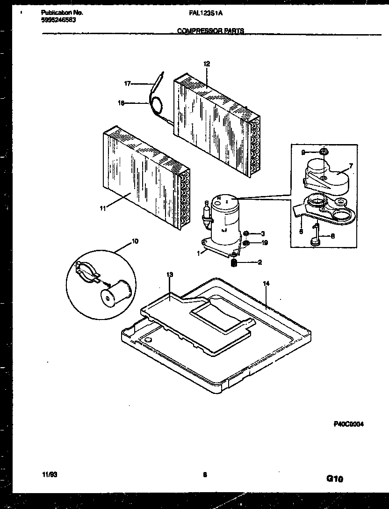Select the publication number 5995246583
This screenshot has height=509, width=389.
tap(56, 20)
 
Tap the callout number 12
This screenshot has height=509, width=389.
tap(207, 64)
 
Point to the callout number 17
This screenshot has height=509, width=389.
tap(127, 84)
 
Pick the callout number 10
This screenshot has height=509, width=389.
tap(135, 241)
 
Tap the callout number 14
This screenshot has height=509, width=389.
tap(267, 284)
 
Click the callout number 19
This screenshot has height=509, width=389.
tap(264, 243)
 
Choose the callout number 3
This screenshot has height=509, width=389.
tap(263, 233)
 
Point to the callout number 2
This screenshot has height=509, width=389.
tap(259, 262)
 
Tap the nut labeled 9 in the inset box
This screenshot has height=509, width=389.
tap(324, 152)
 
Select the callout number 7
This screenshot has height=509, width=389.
tap(351, 166)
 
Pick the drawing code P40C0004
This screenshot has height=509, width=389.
tap(348, 424)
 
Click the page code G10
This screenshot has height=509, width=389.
tap(334, 479)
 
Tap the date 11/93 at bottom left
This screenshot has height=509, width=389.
tap(47, 475)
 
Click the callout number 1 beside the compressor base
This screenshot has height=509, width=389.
tap(199, 253)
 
